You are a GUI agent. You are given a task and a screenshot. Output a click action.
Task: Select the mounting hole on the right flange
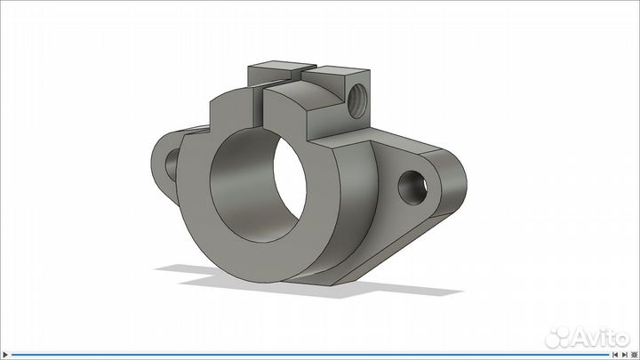[414, 186]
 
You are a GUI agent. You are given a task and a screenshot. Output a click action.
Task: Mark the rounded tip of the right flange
[454, 188]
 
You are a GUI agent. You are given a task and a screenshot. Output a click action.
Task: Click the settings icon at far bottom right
[634, 354]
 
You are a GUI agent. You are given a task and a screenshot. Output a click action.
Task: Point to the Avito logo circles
[559, 336]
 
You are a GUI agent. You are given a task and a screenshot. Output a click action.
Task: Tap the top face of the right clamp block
[342, 72]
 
